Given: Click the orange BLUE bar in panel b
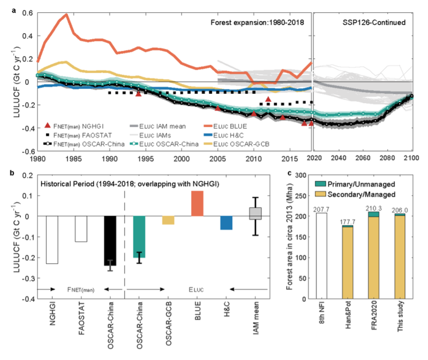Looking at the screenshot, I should (197, 203).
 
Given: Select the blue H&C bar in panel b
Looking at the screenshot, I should (226, 223).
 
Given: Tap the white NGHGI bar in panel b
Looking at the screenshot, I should (52, 240).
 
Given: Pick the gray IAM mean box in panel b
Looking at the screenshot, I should (255, 213).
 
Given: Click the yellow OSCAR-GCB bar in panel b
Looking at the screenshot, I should (168, 220).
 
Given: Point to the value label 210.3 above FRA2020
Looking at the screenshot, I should (373, 209).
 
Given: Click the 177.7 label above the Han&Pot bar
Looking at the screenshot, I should (348, 222).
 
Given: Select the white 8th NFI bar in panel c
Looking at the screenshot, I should (321, 256).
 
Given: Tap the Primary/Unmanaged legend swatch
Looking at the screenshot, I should (320, 184).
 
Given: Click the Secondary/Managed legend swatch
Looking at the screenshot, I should (320, 194).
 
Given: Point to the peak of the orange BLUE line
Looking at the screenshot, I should (66, 14).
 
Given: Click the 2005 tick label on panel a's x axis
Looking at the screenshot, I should (217, 159).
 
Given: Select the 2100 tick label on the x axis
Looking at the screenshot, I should (411, 158).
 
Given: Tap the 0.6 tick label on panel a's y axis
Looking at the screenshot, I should (27, 13).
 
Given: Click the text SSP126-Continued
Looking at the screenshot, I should (374, 22).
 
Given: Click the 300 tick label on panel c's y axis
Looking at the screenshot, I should (300, 175).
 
